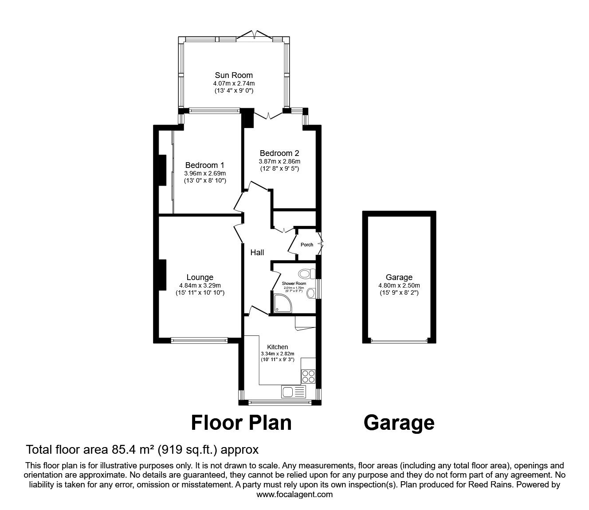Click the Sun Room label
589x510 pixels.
tap(234, 75)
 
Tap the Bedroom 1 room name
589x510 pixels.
tap(202, 165)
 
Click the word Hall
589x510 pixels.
tap(257, 252)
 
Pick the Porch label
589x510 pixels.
tap(307, 245)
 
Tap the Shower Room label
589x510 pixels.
tap(294, 283)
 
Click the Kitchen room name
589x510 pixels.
tap(277, 346)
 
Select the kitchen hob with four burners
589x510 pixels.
tap(308, 376)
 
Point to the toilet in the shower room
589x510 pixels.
tap(306, 273)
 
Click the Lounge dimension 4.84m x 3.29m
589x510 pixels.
tap(200, 285)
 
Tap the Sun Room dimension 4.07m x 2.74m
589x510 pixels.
tap(234, 83)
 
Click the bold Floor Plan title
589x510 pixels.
tap(241, 423)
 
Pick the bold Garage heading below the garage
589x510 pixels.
tap(399, 423)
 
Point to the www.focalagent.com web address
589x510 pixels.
tap(294, 494)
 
